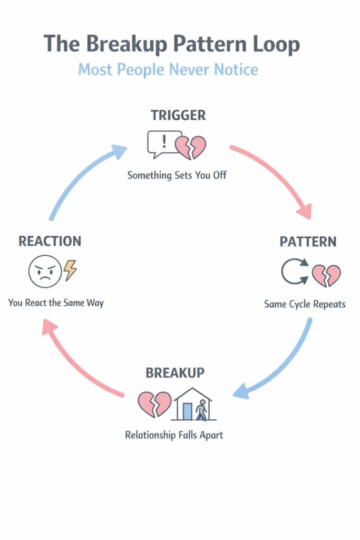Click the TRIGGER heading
click(178, 115)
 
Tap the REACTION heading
click(50, 241)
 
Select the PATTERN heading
click(308, 242)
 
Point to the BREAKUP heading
click(175, 373)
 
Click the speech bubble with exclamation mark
click(164, 143)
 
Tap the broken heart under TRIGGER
click(190, 147)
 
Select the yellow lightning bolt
click(70, 270)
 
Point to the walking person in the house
click(202, 410)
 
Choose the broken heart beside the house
click(154, 404)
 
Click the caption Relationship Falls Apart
click(174, 436)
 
